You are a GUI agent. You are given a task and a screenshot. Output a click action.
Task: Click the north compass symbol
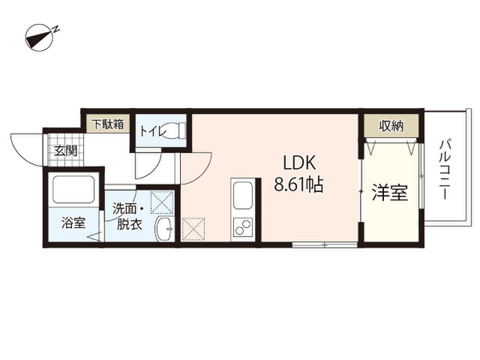click(40, 37)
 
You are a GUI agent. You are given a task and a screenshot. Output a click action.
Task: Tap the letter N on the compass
click(55, 29)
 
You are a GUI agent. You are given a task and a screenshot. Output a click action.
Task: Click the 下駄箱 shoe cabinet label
click(109, 124)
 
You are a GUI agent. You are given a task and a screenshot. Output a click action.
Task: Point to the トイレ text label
click(153, 131)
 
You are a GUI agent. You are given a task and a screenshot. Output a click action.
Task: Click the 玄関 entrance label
click(65, 151)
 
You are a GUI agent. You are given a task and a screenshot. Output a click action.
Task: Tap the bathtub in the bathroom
click(73, 189)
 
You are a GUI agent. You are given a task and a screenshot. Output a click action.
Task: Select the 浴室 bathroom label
click(73, 223)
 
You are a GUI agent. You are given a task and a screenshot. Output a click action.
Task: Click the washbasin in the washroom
click(165, 228)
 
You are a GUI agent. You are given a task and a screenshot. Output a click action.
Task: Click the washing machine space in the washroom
click(162, 202)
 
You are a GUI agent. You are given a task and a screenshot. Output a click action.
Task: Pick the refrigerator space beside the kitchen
click(193, 229)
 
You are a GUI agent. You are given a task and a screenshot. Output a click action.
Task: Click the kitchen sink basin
click(243, 196)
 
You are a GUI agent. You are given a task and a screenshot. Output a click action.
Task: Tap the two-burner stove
click(243, 227)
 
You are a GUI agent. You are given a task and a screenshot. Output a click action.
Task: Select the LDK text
click(299, 163)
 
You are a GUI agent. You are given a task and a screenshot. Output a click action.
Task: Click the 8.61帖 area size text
click(298, 184)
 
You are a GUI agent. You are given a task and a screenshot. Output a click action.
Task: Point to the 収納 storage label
click(391, 126)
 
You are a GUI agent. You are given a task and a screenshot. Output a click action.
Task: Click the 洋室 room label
click(390, 192)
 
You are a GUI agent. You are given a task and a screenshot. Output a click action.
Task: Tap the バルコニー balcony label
click(445, 169)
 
